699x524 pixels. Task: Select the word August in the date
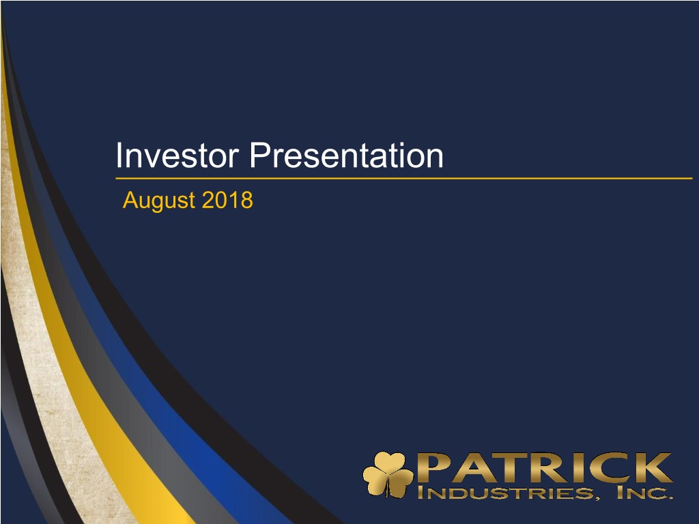(159, 201)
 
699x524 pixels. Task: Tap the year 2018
(227, 200)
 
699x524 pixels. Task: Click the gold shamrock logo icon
(388, 474)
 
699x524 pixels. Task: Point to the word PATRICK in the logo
(544, 467)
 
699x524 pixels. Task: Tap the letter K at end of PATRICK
(654, 467)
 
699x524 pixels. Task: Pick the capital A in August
(130, 200)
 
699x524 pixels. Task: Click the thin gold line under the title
(404, 178)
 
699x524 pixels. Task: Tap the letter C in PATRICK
(612, 467)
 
